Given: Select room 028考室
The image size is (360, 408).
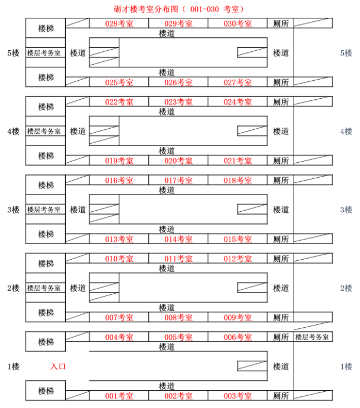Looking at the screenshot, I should [x=119, y=23].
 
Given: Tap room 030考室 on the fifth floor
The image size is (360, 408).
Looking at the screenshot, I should [x=237, y=23].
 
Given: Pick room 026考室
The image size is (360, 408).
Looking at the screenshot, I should [x=178, y=82].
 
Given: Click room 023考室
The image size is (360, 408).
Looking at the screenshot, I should [x=178, y=102].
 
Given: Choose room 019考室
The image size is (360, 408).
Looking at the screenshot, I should [x=119, y=161].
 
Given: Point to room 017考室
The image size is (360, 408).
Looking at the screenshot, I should [x=178, y=181].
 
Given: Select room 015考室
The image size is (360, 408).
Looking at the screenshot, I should [x=237, y=239].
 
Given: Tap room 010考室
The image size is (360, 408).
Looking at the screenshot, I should [x=119, y=259].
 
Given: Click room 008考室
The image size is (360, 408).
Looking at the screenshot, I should [x=178, y=318].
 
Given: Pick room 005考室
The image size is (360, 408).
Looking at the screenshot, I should [x=178, y=337].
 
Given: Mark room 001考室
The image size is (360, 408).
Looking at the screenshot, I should [x=119, y=396].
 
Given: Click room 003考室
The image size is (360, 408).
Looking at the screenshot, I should [x=237, y=396].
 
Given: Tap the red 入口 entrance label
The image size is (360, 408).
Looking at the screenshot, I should [x=58, y=366].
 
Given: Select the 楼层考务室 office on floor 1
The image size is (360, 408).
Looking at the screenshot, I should [x=313, y=337].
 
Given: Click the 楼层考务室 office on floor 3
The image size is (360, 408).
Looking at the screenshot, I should [x=45, y=210].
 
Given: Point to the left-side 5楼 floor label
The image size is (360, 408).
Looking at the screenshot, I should [x=13, y=53].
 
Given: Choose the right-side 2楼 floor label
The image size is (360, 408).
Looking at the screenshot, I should [x=346, y=288].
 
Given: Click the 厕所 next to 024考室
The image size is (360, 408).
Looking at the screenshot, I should [x=281, y=102].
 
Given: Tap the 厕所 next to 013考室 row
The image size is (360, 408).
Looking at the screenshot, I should [x=281, y=239].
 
